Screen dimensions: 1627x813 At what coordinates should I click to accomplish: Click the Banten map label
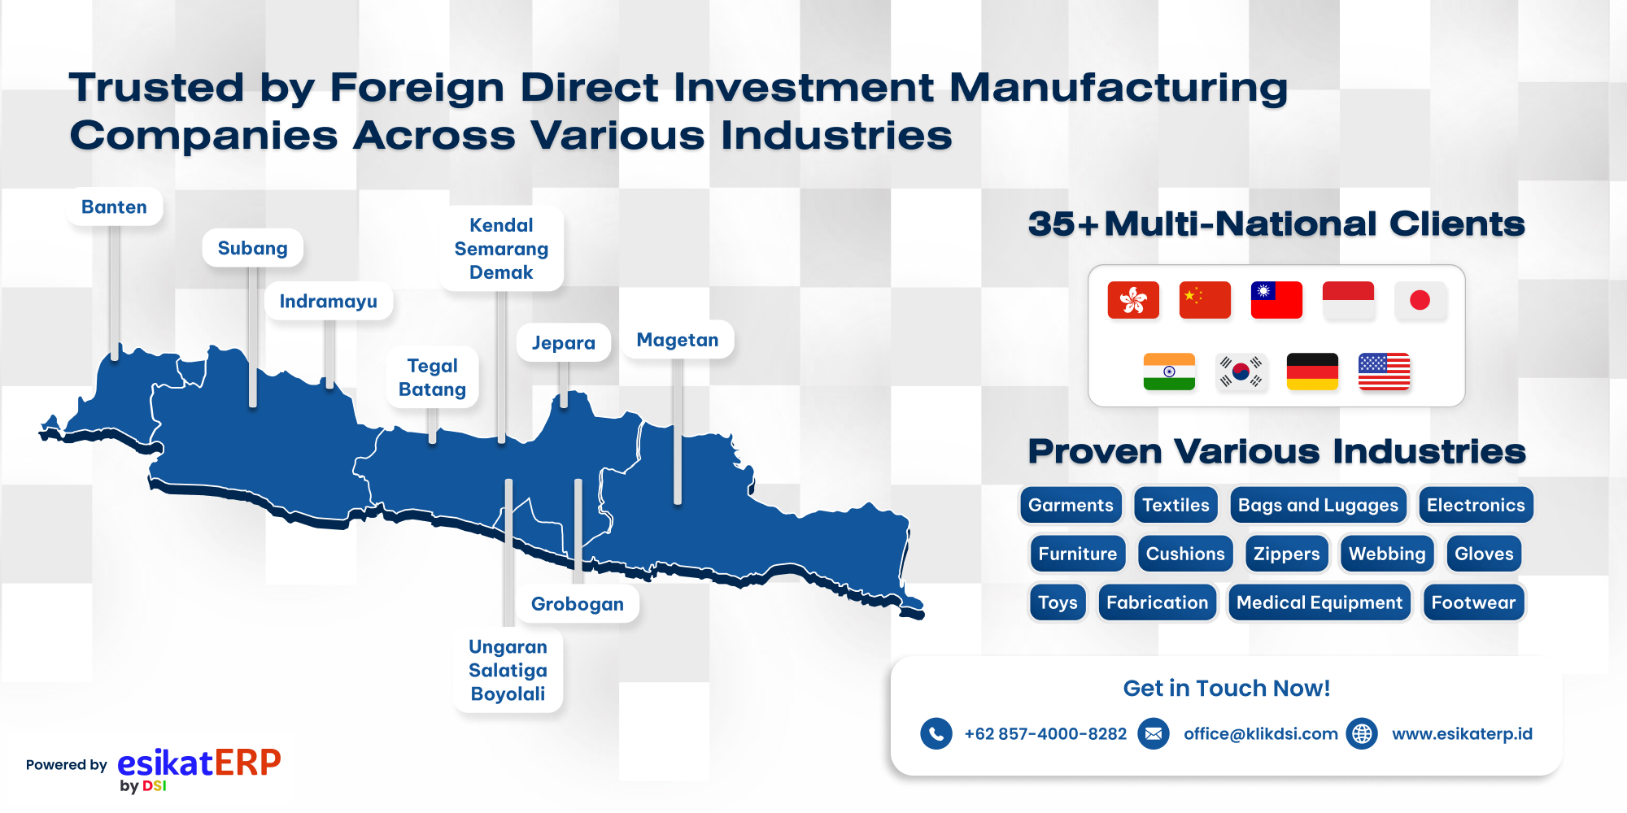pyautogui.click(x=114, y=207)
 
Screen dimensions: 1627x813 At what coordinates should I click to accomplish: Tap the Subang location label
pyautogui.click(x=252, y=248)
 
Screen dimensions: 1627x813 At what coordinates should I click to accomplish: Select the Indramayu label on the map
pyautogui.click(x=329, y=302)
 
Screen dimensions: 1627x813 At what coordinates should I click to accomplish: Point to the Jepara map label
pyautogui.click(x=564, y=343)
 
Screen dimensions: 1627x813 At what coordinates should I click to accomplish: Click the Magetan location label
pyautogui.click(x=678, y=340)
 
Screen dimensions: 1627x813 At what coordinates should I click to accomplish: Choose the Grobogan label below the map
pyautogui.click(x=578, y=604)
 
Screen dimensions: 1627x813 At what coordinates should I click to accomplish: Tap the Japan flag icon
pyautogui.click(x=1420, y=300)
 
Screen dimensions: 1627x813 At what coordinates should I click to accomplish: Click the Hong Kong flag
pyautogui.click(x=1133, y=300)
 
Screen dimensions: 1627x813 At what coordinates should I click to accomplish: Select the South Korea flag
pyautogui.click(x=1241, y=372)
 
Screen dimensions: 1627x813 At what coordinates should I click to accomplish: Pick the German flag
pyautogui.click(x=1312, y=372)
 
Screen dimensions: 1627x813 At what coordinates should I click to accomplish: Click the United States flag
pyautogui.click(x=1384, y=372)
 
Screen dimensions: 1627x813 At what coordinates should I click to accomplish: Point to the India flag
pyautogui.click(x=1169, y=372)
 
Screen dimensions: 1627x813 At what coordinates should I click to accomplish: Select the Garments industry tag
pyautogui.click(x=1071, y=505)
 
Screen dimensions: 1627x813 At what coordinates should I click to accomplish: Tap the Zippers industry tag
pyautogui.click(x=1287, y=554)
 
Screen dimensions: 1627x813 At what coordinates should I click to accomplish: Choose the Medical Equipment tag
pyautogui.click(x=1319, y=602)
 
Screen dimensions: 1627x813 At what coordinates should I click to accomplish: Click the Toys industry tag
pyautogui.click(x=1058, y=602)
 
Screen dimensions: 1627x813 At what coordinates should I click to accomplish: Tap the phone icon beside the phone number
pyautogui.click(x=936, y=734)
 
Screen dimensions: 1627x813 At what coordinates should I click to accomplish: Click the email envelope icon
pyautogui.click(x=1154, y=734)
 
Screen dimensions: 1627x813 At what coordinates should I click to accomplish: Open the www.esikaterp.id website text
pyautogui.click(x=1462, y=734)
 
